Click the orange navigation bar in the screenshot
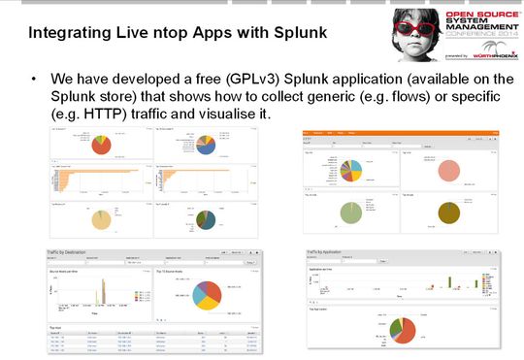click(398, 131)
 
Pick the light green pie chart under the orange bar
click(350, 213)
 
